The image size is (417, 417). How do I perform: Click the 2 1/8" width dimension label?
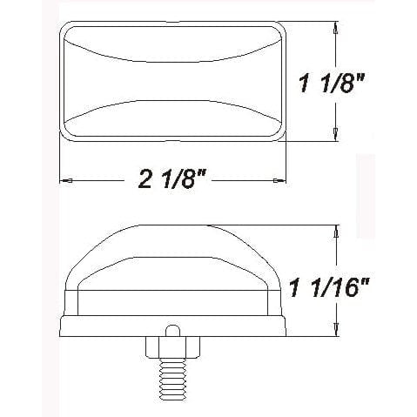pos(173,181)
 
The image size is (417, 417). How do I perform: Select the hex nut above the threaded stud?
pos(172,346)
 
